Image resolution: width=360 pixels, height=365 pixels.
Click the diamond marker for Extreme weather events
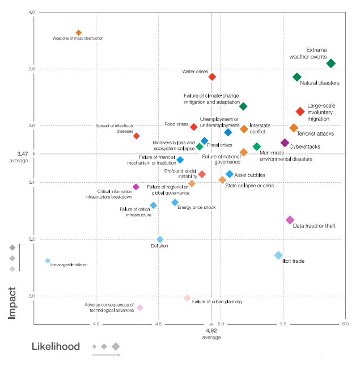[x=331, y=64]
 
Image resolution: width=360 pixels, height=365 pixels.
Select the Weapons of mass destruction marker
[x=79, y=33]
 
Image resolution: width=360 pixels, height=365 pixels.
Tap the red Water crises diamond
[x=212, y=77]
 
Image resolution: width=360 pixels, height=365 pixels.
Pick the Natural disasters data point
[x=297, y=77]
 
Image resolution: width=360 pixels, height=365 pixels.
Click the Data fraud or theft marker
[x=290, y=220]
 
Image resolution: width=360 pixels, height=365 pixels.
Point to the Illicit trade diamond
[x=278, y=255]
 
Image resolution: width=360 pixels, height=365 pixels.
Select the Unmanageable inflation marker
[x=48, y=261]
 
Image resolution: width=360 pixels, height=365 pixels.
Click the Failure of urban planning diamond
[x=187, y=298]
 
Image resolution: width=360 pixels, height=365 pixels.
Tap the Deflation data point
[x=160, y=240]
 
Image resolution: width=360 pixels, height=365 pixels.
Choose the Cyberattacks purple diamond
[x=285, y=142]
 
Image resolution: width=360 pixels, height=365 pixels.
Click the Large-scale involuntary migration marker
[x=300, y=111]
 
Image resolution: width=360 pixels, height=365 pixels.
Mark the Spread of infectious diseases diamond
[x=137, y=136]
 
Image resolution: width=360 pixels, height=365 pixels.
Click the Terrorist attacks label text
[x=315, y=134]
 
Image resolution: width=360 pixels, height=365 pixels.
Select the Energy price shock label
[x=197, y=208]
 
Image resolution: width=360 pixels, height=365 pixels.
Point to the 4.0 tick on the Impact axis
[x=31, y=12]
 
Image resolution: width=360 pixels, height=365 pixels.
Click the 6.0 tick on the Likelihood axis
[x=344, y=324]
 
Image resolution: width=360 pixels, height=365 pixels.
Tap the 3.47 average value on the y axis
[x=23, y=153]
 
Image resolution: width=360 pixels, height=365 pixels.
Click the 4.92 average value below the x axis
[x=211, y=330]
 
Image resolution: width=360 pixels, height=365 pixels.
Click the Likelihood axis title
[x=60, y=346]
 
